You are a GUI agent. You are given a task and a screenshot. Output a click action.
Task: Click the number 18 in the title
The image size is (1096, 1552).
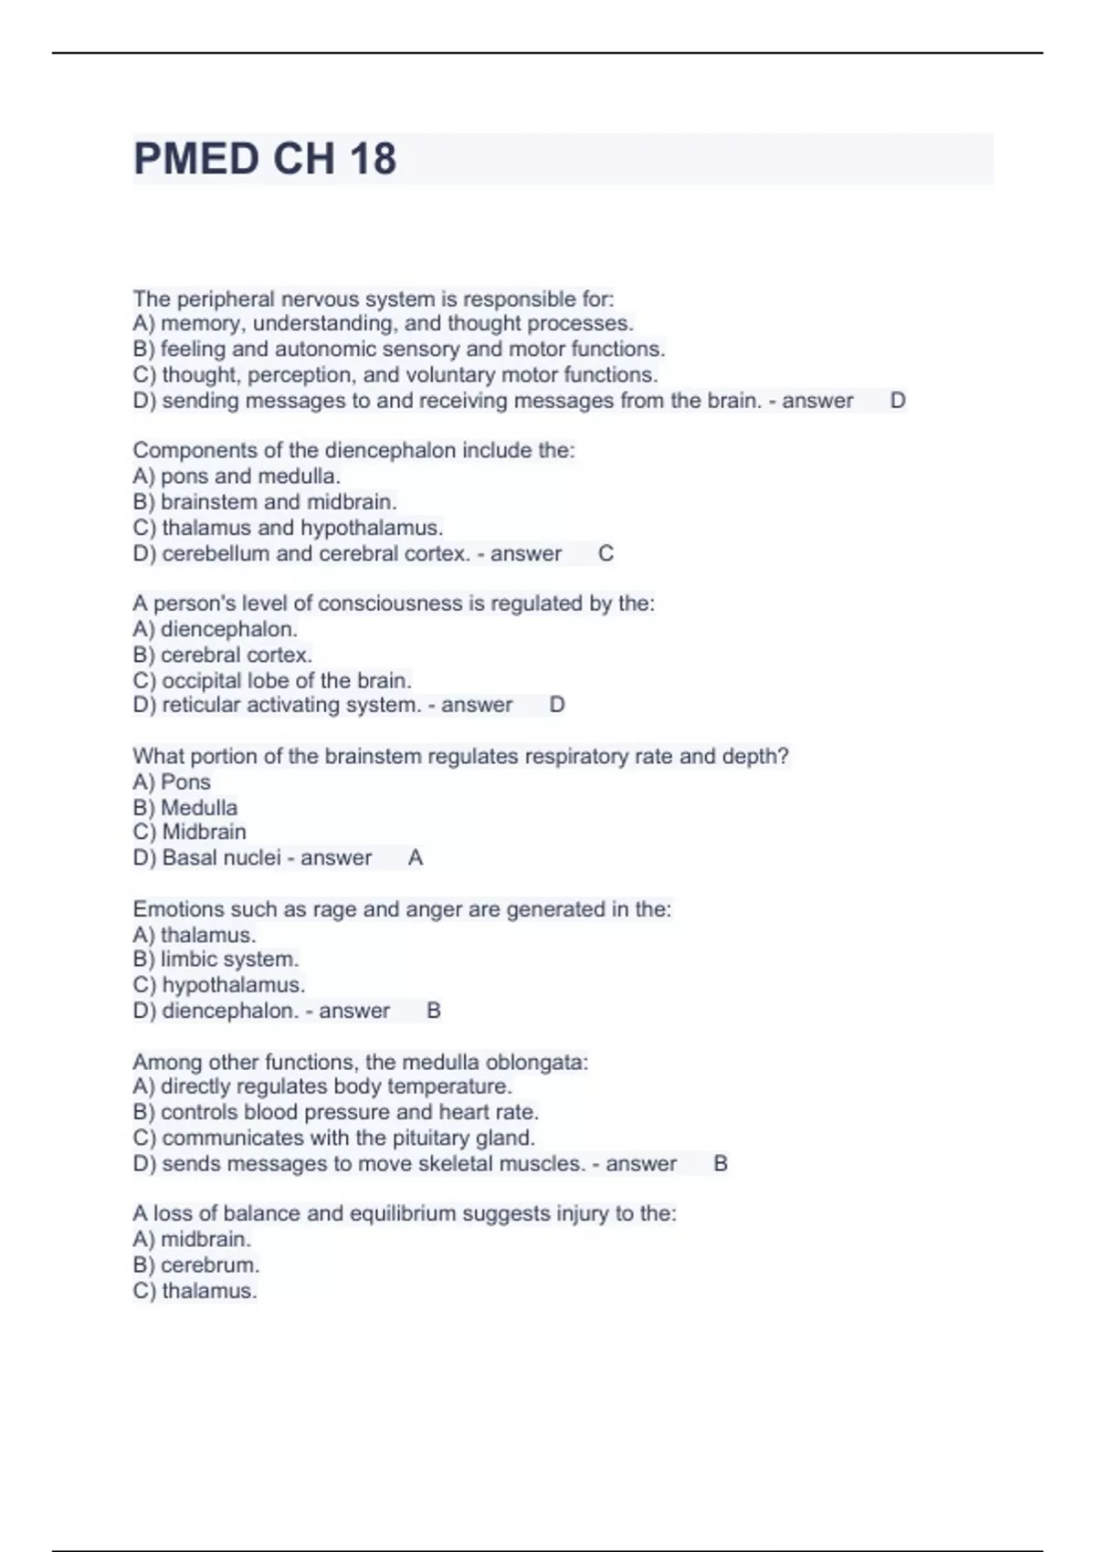coord(372,159)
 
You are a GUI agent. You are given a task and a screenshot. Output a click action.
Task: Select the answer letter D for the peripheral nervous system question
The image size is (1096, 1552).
coord(898,401)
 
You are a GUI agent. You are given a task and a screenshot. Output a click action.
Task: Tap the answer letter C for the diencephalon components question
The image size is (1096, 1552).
coord(606,553)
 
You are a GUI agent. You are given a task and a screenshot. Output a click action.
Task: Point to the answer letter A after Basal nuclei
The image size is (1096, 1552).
coord(416,858)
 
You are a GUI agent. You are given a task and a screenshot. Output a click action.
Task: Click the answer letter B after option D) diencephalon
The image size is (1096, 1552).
coord(434,1011)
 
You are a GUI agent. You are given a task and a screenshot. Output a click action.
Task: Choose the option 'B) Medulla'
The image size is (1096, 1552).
coord(185,808)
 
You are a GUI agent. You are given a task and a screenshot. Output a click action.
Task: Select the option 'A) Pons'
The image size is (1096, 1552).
coord(172,782)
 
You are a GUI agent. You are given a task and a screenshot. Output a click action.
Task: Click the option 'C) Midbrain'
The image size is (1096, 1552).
coord(190,832)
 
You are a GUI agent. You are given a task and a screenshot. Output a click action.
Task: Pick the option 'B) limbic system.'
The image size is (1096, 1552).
coord(216,960)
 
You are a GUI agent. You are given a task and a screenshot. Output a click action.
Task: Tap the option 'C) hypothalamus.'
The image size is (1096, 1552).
coord(219,985)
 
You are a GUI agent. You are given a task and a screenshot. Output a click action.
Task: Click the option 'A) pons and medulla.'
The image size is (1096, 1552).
coord(237,477)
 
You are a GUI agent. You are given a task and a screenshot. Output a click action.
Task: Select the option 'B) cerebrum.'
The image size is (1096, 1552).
coord(196,1265)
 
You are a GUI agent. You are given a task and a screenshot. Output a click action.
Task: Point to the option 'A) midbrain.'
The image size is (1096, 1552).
coord(192,1240)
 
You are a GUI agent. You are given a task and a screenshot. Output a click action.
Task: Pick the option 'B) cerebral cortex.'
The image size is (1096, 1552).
coord(223,655)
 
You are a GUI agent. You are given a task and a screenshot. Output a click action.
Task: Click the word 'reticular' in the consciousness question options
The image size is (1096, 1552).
coord(201,705)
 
